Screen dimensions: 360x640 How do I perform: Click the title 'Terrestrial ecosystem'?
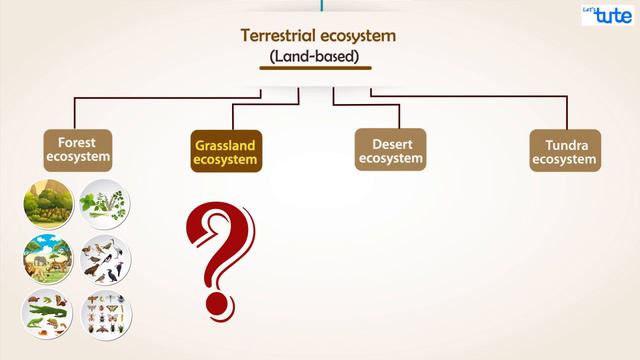pos(319,36)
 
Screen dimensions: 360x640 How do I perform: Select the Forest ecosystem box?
pos(76,150)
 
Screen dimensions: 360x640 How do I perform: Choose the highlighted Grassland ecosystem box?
pos(225,152)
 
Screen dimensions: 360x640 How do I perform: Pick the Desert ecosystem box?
pos(390,150)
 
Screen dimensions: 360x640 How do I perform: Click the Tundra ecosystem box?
pos(565,152)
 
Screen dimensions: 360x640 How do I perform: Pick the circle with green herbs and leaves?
pos(106,204)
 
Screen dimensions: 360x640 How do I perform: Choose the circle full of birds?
pos(106,261)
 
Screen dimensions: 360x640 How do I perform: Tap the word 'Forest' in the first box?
pos(76,142)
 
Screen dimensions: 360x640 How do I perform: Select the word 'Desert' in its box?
pos(390,143)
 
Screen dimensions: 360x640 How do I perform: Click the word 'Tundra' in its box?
pos(565,145)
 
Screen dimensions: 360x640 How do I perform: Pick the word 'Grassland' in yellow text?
pos(225,145)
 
